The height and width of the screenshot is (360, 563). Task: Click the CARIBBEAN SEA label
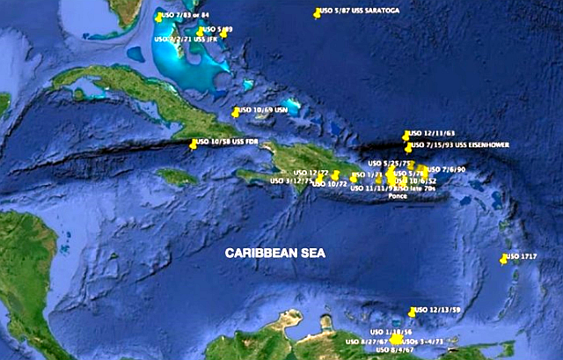(274, 253)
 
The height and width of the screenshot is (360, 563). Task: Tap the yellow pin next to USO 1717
(503, 259)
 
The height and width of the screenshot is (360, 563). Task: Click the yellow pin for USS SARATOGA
(317, 13)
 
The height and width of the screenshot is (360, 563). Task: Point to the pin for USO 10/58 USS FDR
(194, 143)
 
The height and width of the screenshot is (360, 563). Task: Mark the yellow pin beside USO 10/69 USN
(235, 112)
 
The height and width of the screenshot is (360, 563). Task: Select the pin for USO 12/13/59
(412, 312)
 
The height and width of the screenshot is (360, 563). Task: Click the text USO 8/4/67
(394, 350)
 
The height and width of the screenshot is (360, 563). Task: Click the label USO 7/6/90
(446, 169)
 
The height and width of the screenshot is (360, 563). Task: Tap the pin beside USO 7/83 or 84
(158, 17)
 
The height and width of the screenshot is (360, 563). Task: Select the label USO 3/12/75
(288, 181)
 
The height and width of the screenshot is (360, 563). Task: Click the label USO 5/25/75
(389, 163)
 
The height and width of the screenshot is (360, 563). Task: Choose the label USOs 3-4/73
(426, 340)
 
